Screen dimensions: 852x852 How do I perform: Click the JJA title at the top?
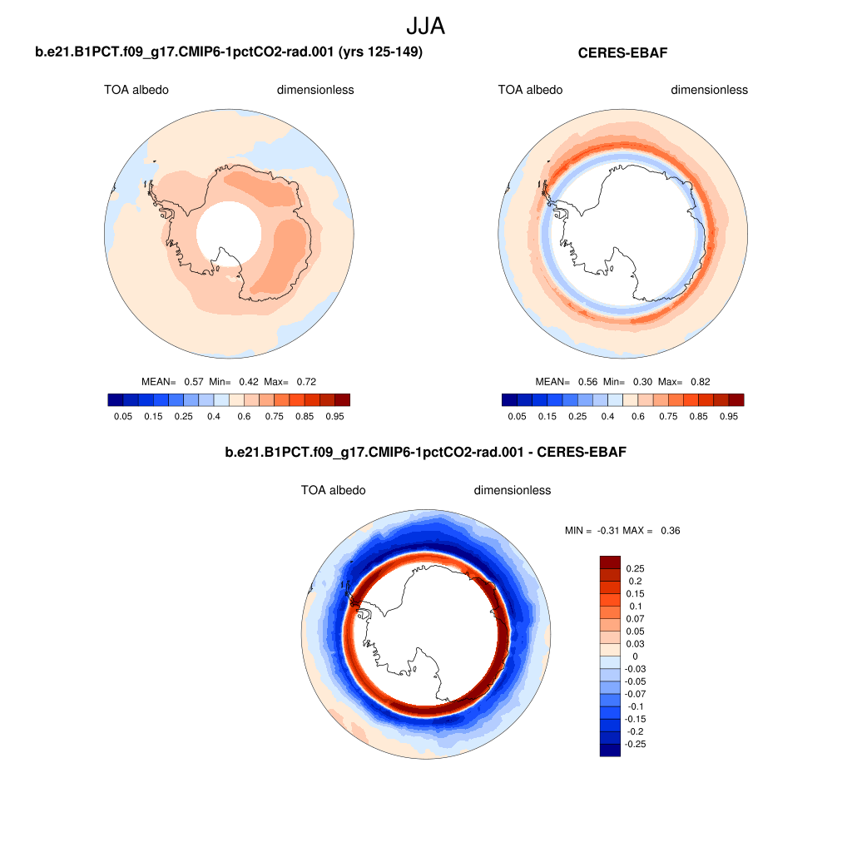pos(426,26)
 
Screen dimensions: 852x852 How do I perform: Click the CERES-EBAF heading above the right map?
pos(623,53)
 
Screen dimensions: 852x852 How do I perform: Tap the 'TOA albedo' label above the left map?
pos(136,90)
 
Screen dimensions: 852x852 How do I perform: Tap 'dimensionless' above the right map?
pos(709,90)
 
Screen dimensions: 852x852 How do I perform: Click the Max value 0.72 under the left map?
pos(306,381)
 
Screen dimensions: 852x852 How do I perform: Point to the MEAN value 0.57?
pos(193,381)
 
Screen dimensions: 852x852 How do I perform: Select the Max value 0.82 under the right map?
pos(701,381)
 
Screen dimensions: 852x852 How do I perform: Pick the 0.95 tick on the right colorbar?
pos(729,415)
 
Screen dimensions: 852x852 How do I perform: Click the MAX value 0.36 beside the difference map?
pos(670,530)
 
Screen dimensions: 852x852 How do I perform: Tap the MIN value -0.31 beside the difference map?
pos(612,530)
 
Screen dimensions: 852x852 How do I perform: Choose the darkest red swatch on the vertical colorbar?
pos(611,562)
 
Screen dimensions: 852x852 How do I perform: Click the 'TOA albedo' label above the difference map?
pos(333,490)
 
